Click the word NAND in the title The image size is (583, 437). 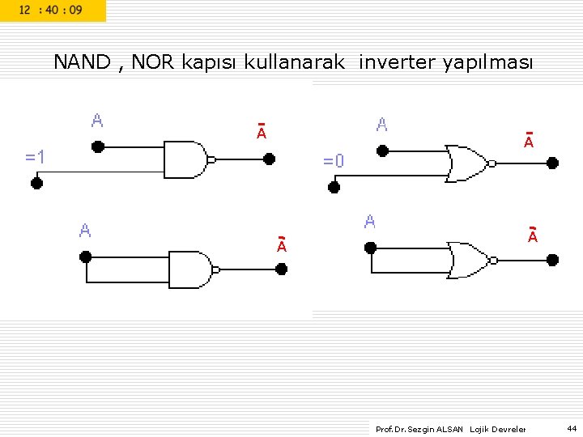(x=82, y=62)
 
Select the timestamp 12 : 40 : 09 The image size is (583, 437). (x=50, y=11)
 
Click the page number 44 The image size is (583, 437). (x=572, y=428)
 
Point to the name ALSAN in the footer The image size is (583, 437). (x=450, y=429)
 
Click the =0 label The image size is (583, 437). (x=334, y=161)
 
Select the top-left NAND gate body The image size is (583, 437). (x=185, y=159)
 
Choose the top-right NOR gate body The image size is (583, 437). (x=467, y=163)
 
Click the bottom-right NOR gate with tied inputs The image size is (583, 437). (x=470, y=260)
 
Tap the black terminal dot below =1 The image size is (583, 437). (x=36, y=183)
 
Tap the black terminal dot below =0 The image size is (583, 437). (x=334, y=187)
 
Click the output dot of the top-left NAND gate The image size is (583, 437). (x=270, y=159)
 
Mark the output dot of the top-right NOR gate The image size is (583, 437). (x=553, y=163)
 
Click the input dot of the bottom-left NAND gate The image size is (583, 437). (x=86, y=257)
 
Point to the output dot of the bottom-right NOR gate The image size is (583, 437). (x=553, y=260)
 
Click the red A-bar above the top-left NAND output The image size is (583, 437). (x=262, y=132)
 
